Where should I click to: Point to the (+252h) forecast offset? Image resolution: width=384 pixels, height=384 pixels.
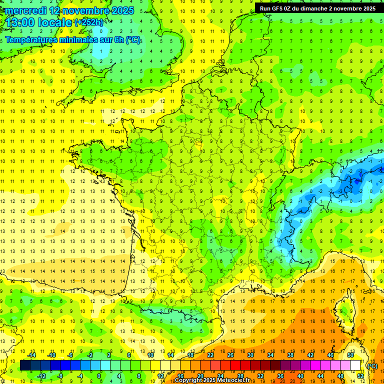pos(89,22)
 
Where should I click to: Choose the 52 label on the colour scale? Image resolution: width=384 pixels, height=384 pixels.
pos(360,376)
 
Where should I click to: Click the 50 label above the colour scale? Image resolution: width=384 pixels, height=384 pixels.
pos(350,355)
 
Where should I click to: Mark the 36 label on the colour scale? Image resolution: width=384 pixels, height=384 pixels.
pos(280,376)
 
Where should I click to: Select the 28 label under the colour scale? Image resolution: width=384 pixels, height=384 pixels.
pos(240,376)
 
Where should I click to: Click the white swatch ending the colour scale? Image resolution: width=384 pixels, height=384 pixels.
pos(355,365)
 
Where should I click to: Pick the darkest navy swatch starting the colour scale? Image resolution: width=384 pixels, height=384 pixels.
pos(25,365)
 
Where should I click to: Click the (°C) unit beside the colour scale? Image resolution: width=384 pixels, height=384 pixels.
pos(372,366)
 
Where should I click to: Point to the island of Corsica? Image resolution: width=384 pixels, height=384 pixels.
pos(344,310)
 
